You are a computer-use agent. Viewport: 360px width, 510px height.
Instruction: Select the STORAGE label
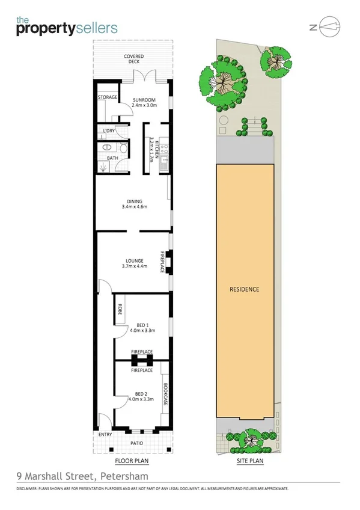click(107, 96)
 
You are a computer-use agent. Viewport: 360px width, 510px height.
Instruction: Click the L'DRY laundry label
click(109, 131)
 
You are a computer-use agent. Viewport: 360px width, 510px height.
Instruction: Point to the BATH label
click(112, 158)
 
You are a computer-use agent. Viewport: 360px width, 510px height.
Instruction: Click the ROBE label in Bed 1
click(120, 310)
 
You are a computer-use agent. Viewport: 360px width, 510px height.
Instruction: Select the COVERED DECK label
click(133, 59)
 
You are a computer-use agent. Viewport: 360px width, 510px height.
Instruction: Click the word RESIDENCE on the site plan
click(245, 289)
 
